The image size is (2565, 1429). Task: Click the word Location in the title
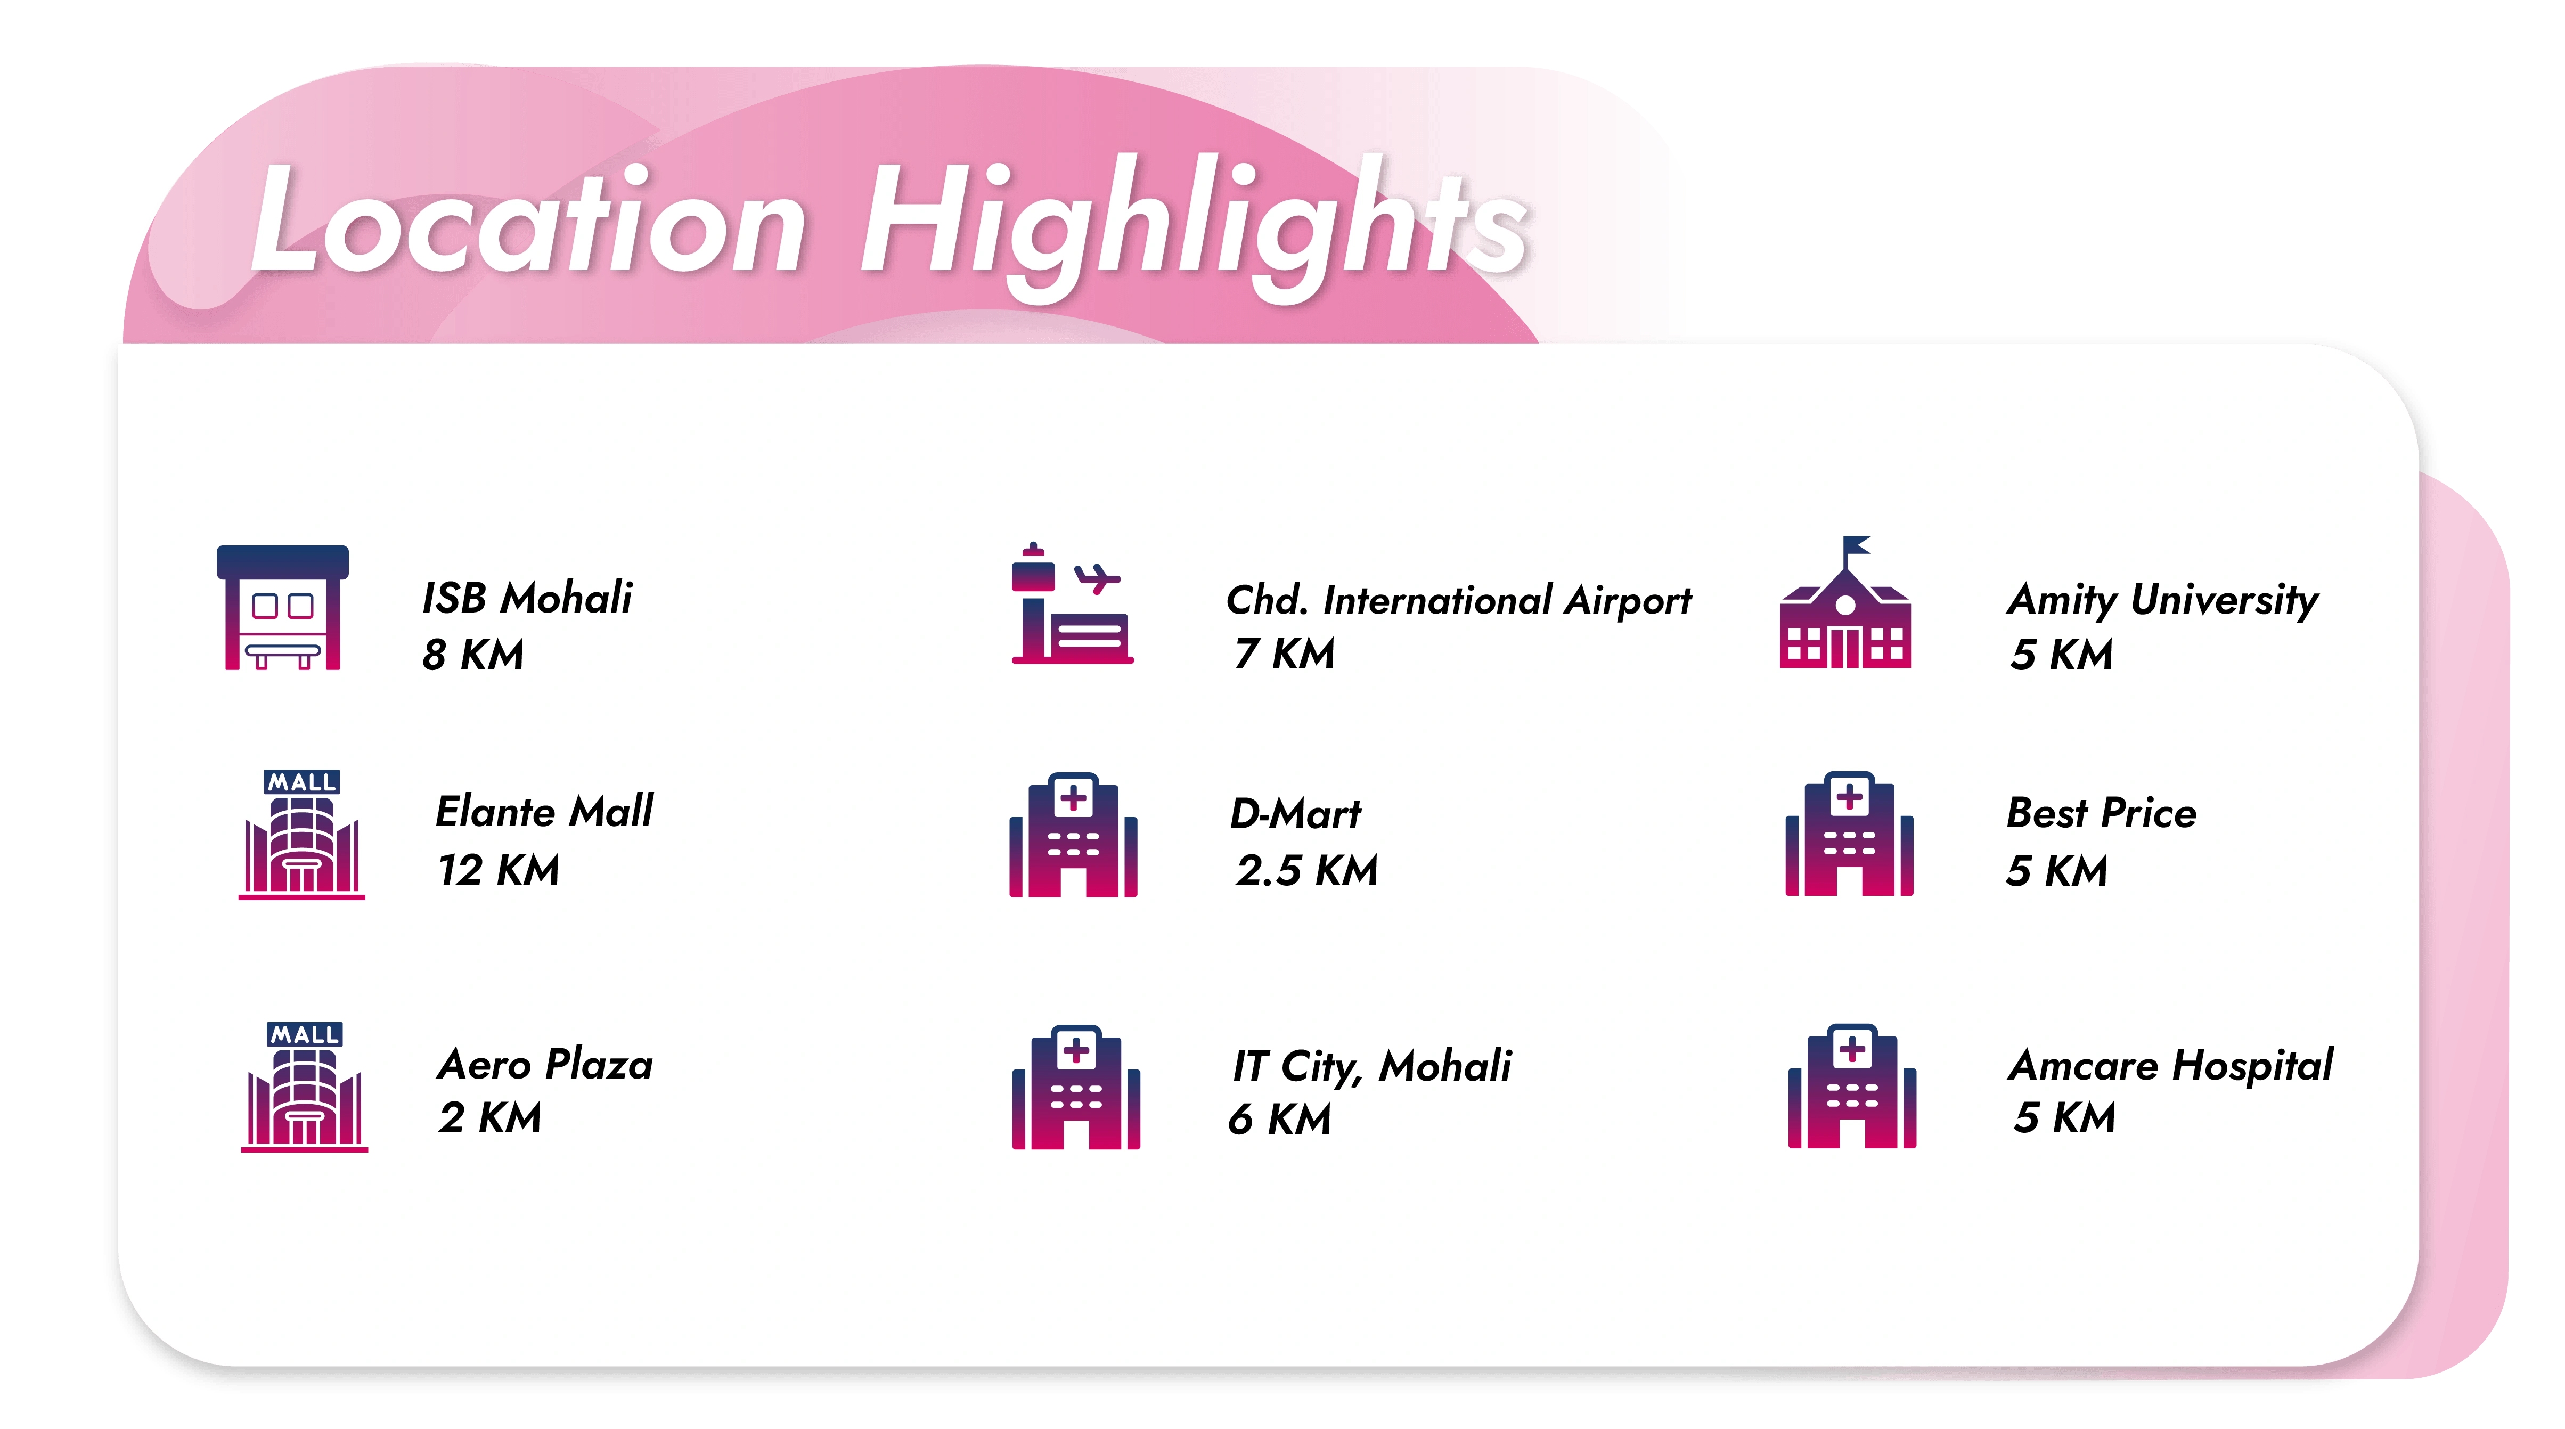point(528,219)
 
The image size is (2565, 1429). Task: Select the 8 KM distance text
point(473,654)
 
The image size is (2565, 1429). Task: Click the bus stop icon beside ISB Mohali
point(283,608)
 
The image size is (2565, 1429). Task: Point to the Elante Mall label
point(545,812)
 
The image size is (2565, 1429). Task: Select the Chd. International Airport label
point(1459,600)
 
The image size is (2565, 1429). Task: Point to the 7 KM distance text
point(1285,654)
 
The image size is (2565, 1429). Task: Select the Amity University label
point(2163,600)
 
